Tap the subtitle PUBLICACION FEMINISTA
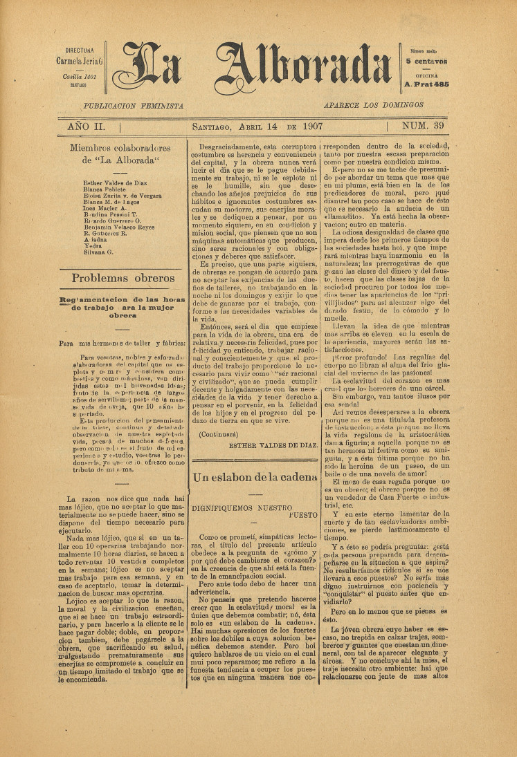point(133,106)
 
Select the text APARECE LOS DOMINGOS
point(373,105)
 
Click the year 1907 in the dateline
point(311,127)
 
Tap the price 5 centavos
point(427,62)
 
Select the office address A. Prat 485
point(426,84)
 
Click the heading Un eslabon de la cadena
point(255,458)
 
